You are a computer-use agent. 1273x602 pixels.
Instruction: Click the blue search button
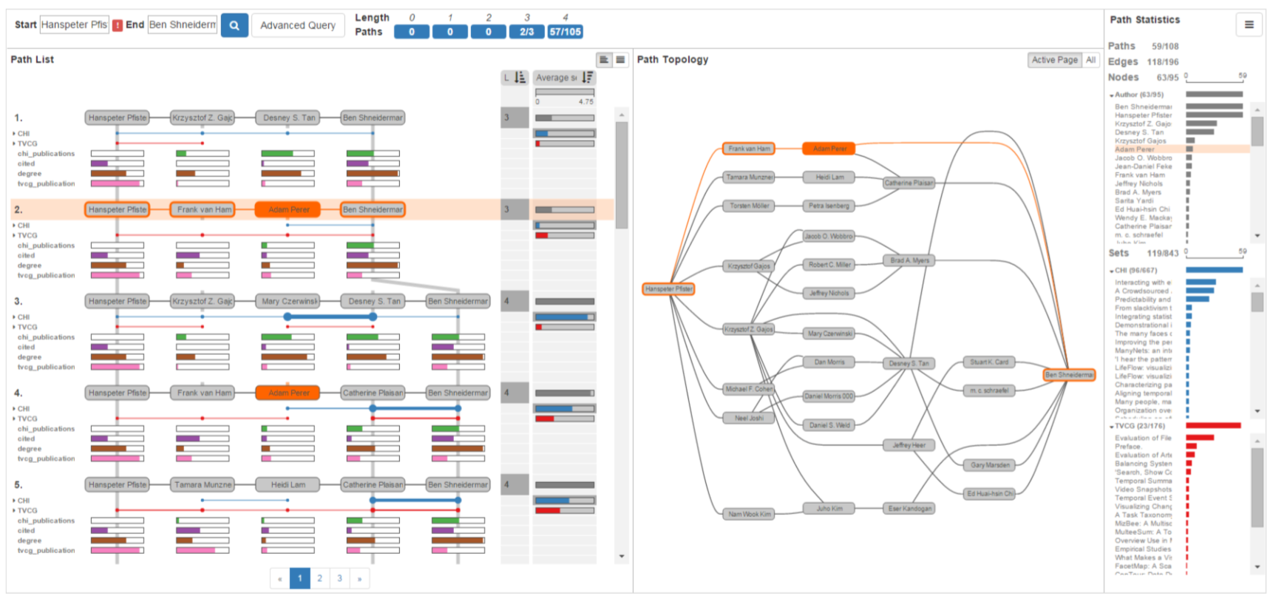(x=234, y=25)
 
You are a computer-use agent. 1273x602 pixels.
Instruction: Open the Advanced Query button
(x=298, y=25)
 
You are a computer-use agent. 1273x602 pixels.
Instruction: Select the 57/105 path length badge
(x=565, y=32)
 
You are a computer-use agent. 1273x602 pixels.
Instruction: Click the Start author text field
(x=74, y=24)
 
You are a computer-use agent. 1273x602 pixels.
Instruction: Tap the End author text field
(x=183, y=24)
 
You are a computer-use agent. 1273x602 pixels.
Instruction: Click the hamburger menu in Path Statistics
(x=1249, y=24)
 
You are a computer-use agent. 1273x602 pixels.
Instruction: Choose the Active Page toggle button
(x=1054, y=60)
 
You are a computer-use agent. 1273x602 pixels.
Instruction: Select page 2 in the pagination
(x=320, y=578)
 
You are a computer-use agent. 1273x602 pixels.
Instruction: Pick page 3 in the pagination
(x=340, y=578)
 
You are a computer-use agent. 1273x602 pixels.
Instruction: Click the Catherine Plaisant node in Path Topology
(x=909, y=183)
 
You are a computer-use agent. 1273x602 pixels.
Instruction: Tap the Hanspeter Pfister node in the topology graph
(x=668, y=289)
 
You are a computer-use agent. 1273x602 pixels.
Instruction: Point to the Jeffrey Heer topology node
(x=909, y=445)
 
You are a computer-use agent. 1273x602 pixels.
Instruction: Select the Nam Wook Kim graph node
(x=749, y=514)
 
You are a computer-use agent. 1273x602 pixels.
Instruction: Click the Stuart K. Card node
(x=989, y=362)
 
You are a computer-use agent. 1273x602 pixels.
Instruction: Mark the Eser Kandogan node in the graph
(x=909, y=509)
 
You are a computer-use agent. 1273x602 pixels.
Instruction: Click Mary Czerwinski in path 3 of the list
(x=288, y=301)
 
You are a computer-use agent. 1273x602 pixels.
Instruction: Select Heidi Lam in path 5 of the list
(x=288, y=484)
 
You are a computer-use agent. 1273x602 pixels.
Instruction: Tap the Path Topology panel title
(x=672, y=60)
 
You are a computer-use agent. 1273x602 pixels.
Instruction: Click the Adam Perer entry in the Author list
(x=1134, y=149)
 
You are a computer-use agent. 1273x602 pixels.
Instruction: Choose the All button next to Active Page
(x=1090, y=60)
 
